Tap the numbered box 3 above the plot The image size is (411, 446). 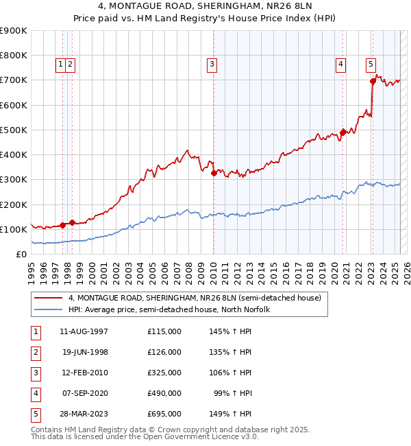pyautogui.click(x=212, y=64)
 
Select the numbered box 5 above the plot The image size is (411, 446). pyautogui.click(x=371, y=64)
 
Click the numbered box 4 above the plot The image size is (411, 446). pyautogui.click(x=340, y=64)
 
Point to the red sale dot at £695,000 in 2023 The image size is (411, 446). pyautogui.click(x=373, y=81)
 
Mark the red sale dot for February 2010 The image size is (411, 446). pyautogui.click(x=214, y=173)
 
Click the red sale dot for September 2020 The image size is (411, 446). pyautogui.click(x=342, y=132)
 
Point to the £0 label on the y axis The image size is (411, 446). pyautogui.click(x=21, y=255)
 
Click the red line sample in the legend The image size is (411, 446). pyautogui.click(x=48, y=297)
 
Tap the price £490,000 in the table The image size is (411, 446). pyautogui.click(x=164, y=393)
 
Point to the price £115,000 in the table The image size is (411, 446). pyautogui.click(x=164, y=331)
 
